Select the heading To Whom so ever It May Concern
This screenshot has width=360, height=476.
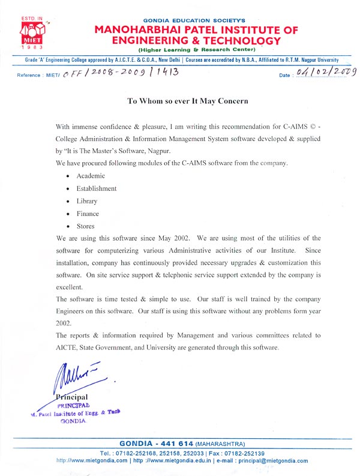(x=187, y=101)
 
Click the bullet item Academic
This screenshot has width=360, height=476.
(x=91, y=176)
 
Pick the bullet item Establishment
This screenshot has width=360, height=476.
(x=96, y=188)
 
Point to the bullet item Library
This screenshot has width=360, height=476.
(x=87, y=201)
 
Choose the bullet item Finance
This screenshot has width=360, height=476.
(x=88, y=214)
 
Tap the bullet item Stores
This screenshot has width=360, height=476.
(x=86, y=226)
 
